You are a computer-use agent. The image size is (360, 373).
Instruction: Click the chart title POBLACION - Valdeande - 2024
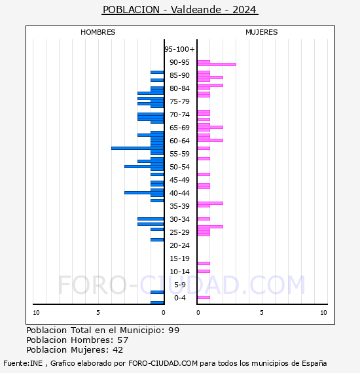coord(180,10)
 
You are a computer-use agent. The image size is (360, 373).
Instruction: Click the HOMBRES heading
coord(98,32)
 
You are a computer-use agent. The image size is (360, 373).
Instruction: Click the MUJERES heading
coord(261,32)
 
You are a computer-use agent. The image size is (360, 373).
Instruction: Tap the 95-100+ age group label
coord(179,49)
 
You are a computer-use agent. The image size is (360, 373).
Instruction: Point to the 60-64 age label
coord(179,141)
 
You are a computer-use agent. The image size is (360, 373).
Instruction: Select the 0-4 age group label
coord(179,298)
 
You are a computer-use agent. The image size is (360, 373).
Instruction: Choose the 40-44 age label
coord(179,193)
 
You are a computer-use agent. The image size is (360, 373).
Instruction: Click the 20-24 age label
coord(179,245)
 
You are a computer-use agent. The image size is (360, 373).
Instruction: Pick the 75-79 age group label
coord(179,101)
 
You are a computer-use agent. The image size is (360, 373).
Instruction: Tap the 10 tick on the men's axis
coord(36,313)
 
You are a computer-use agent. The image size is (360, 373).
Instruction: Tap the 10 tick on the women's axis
coord(323,313)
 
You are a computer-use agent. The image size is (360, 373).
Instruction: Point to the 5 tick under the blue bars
coord(98,313)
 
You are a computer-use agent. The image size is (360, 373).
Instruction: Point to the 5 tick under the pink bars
coord(261,313)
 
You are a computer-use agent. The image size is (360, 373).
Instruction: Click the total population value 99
coord(173,330)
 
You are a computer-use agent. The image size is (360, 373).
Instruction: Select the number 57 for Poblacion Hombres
coord(122,340)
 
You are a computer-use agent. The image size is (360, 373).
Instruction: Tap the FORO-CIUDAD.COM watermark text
coord(181,285)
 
